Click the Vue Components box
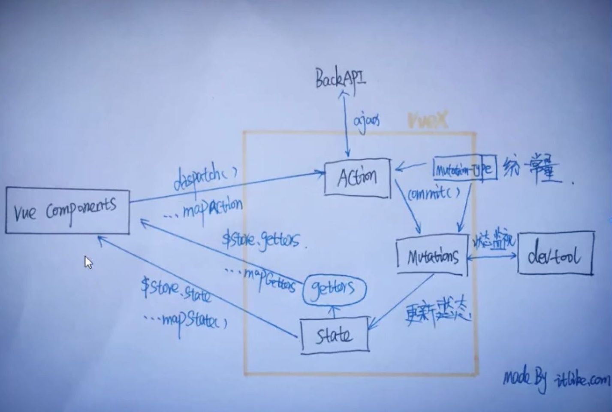(x=67, y=210)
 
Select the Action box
(x=357, y=178)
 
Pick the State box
(x=335, y=335)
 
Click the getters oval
(x=334, y=288)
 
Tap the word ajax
(x=366, y=121)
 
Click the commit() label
(x=434, y=194)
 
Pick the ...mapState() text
(x=185, y=320)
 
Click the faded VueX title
(x=427, y=121)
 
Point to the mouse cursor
(x=88, y=262)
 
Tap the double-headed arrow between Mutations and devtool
(x=492, y=256)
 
